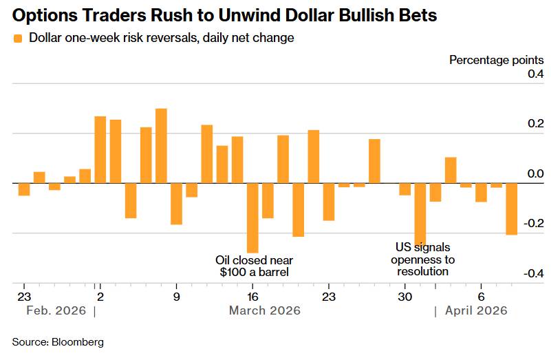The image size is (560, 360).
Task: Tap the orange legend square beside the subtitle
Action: [x=18, y=39]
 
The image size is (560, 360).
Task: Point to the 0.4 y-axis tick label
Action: [x=535, y=74]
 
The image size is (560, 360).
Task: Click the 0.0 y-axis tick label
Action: [x=535, y=174]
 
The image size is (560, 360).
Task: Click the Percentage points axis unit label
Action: [x=496, y=60]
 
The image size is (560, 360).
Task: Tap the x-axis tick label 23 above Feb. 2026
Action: [x=24, y=297]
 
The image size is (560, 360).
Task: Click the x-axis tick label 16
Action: [x=252, y=297]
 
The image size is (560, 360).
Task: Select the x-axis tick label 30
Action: [x=405, y=297]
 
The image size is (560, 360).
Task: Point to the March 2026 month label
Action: [x=264, y=311]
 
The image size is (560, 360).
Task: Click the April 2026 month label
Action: [x=476, y=311]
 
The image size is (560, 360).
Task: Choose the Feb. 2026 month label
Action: [x=56, y=311]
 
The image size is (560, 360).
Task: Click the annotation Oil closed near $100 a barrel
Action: [x=255, y=266]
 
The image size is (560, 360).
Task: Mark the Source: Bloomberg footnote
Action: [x=58, y=341]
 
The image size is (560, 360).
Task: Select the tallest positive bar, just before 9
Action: [x=161, y=146]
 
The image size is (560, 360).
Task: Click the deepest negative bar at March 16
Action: [x=252, y=218]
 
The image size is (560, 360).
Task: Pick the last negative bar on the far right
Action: [x=511, y=209]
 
